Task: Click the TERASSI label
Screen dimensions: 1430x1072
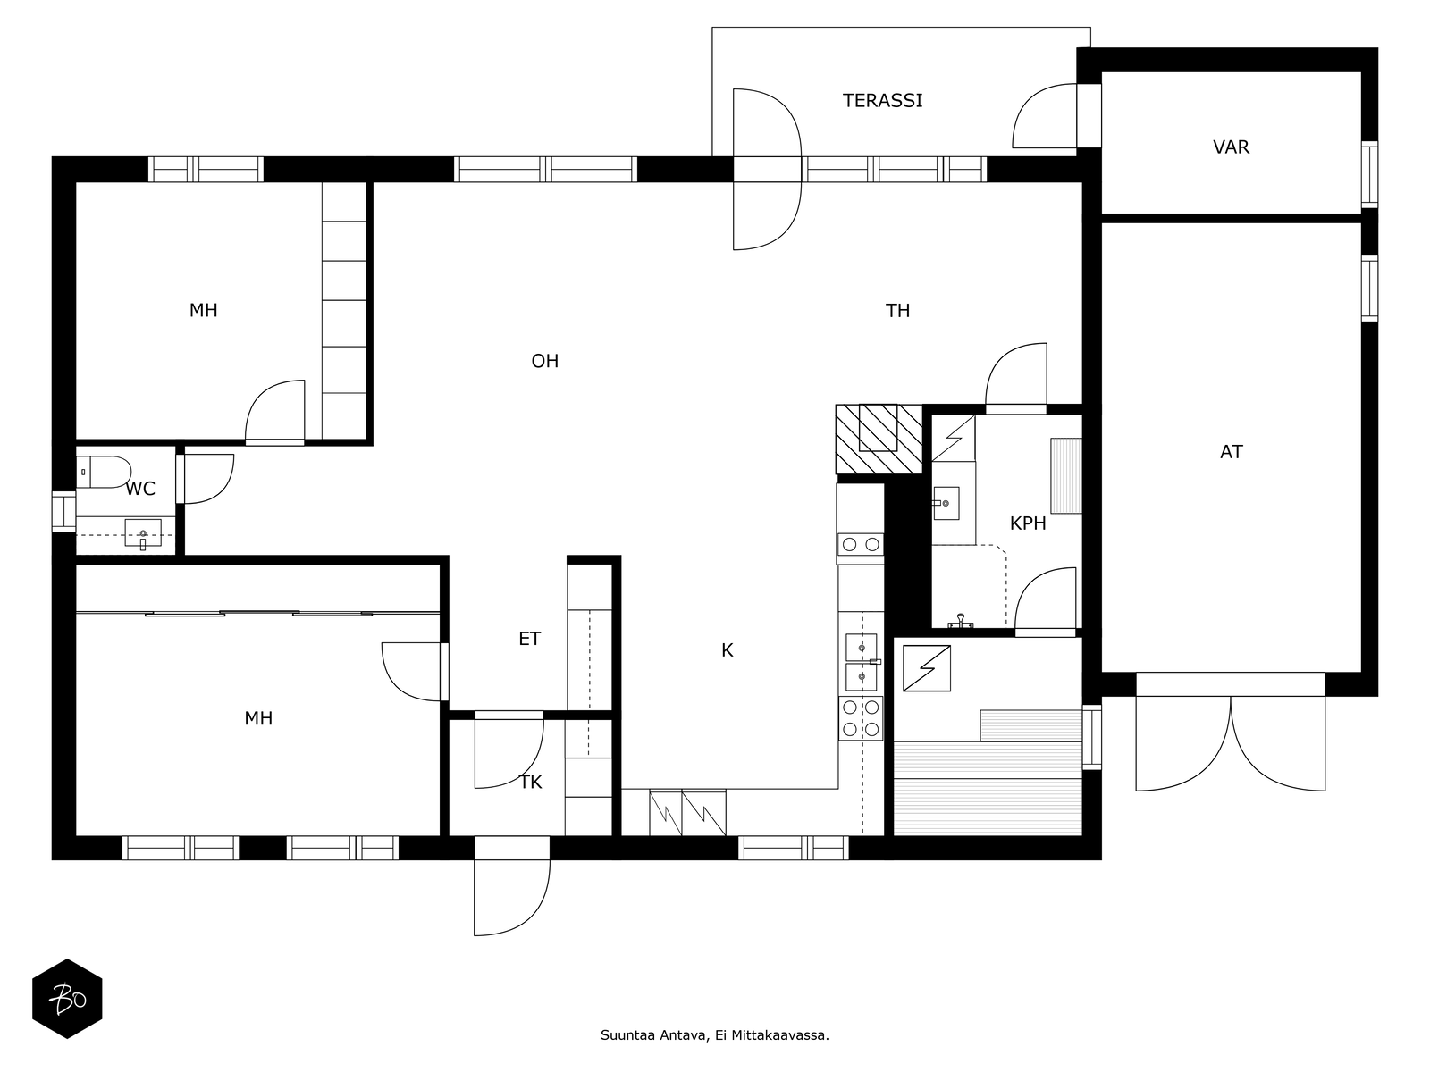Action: click(x=882, y=100)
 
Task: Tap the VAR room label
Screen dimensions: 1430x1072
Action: click(x=1231, y=147)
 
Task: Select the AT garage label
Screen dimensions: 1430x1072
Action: click(x=1231, y=452)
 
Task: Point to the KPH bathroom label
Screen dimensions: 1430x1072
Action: click(x=1028, y=523)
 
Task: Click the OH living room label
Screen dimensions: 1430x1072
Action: click(x=544, y=361)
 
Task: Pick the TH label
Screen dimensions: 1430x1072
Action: click(x=897, y=311)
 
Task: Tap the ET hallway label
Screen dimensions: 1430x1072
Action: click(x=529, y=639)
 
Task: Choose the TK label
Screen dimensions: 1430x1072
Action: click(x=530, y=783)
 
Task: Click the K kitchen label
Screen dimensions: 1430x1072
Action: click(x=727, y=650)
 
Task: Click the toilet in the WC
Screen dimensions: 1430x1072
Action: click(x=104, y=472)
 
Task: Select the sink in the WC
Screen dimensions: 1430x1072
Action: click(x=143, y=533)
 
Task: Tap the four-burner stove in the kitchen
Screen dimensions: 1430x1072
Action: click(x=860, y=718)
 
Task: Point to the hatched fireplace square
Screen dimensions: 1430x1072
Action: click(x=879, y=440)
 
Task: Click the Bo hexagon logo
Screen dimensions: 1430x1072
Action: click(x=67, y=999)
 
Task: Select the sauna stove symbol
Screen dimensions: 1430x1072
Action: click(x=927, y=668)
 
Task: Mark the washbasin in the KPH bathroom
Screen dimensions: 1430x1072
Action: click(x=946, y=503)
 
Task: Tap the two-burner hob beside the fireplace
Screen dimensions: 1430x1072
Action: click(x=860, y=544)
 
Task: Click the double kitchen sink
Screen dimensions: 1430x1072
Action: click(x=862, y=662)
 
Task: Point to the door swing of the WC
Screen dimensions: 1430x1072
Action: click(x=209, y=479)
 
